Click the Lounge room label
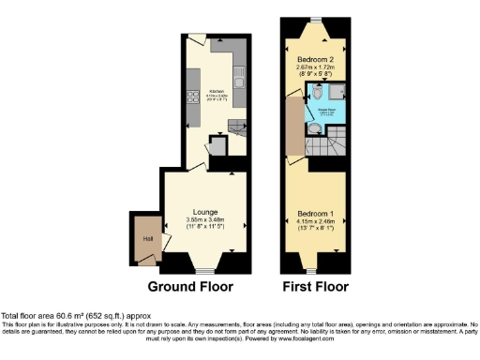click(205, 212)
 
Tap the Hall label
click(146, 239)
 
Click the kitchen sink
click(239, 76)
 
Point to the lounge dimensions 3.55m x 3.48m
click(205, 221)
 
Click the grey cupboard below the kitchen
click(217, 147)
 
